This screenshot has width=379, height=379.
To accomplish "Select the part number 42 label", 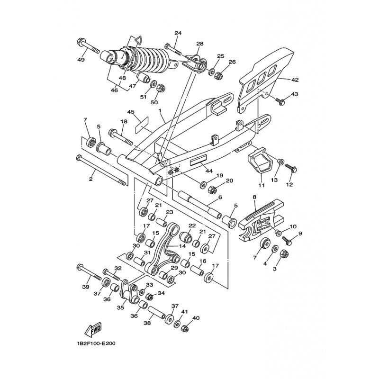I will click(295, 80).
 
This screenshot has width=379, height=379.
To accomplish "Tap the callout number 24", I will click(178, 33).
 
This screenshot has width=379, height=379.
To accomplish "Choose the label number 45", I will click(131, 112).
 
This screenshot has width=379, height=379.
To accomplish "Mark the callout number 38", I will click(147, 324).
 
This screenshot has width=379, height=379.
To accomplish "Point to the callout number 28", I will click(199, 44).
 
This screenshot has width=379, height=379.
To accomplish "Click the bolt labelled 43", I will click(280, 101).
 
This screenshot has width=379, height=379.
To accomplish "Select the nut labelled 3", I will click(285, 253).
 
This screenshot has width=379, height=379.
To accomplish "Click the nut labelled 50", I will click(160, 88).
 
